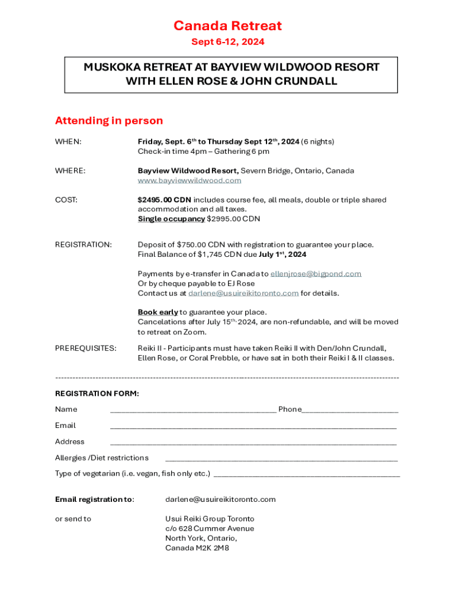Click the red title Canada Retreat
227,26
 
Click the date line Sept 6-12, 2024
227,42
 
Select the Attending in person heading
108,121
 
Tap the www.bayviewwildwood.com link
190,180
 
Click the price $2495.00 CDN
164,200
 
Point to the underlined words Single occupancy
171,219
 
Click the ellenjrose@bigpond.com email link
316,274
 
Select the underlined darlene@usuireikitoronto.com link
243,294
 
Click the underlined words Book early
158,312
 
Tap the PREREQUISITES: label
85,348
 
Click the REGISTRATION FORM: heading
97,394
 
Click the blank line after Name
192,410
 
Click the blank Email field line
253,426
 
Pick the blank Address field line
253,442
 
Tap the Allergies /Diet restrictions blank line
281,459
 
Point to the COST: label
66,200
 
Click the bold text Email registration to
94,499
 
